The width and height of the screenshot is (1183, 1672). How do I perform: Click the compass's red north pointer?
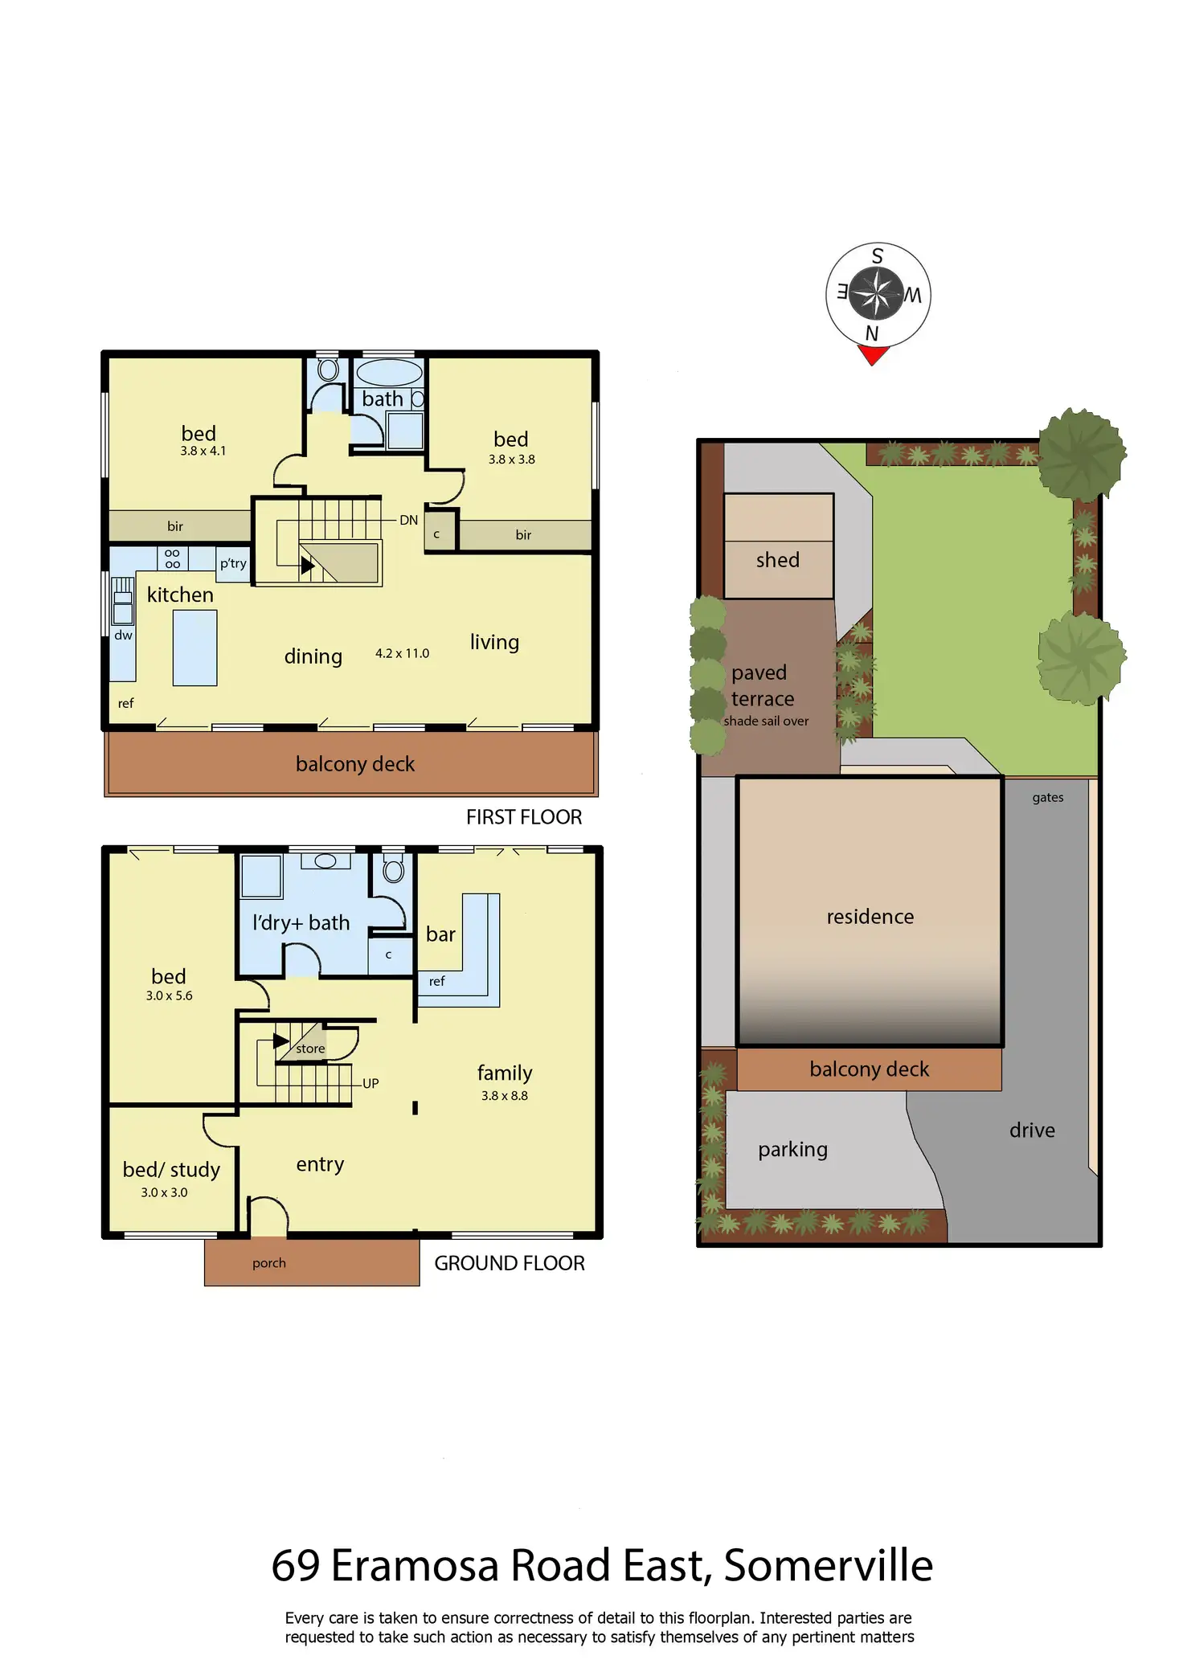pos(873,354)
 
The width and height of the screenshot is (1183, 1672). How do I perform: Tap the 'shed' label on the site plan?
pos(777,560)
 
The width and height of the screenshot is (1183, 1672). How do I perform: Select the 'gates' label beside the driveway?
pos(1047,797)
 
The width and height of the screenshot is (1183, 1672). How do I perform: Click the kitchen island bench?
pos(194,648)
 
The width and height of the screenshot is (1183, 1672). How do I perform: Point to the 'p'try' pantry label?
pos(233,563)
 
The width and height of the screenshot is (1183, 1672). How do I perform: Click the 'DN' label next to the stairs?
pos(408,520)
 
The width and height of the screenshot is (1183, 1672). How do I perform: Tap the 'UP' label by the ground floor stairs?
pos(370,1083)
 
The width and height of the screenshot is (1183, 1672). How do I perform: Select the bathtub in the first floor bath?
pos(389,373)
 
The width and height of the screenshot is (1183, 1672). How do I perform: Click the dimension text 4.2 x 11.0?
pos(402,653)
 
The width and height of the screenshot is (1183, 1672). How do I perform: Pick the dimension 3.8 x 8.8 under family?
pos(504,1095)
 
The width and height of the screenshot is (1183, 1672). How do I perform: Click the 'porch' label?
pos(268,1263)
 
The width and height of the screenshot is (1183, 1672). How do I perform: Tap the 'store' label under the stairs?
pos(310,1049)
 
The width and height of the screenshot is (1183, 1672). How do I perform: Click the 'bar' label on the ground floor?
pos(440,934)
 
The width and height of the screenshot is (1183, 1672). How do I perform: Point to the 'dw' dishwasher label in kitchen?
pos(123,635)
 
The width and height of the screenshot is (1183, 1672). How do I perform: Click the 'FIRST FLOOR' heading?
pos(523,817)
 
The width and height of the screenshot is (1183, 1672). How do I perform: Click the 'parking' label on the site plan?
pos(792,1149)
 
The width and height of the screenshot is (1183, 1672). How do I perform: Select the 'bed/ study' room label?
pos(171,1170)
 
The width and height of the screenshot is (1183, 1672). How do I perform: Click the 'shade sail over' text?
pos(766,721)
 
